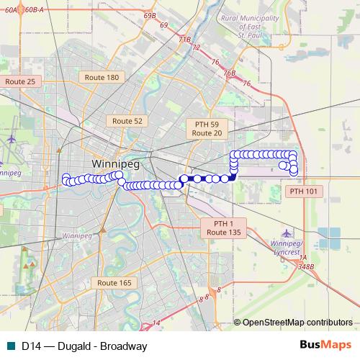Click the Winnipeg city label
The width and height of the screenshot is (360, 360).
click(113, 163)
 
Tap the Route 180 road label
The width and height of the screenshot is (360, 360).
click(102, 77)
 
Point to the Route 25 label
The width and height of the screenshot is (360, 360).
click(20, 82)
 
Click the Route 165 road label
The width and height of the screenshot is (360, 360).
click(114, 283)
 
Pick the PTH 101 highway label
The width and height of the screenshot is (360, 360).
click(304, 192)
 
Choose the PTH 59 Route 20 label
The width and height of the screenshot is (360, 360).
click(207, 129)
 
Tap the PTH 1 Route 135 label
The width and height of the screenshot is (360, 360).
click(224, 228)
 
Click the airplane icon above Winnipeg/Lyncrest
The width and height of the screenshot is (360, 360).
click(288, 234)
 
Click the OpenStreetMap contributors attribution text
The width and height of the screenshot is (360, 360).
click(297, 322)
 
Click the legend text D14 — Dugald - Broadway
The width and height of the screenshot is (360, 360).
click(84, 346)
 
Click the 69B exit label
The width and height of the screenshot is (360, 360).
click(150, 14)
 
